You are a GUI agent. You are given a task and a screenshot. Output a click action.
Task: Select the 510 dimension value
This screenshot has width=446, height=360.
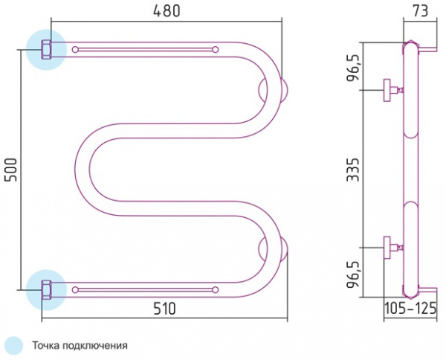click(164, 309)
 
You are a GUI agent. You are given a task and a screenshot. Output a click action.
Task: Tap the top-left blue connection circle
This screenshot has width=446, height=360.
click(46, 50)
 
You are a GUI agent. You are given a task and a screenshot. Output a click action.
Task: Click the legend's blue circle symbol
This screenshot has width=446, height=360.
click(13, 345)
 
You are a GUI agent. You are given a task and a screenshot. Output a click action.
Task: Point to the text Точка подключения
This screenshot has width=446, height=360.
click(80, 345)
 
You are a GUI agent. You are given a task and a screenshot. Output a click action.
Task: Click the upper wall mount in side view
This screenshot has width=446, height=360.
click(391, 90)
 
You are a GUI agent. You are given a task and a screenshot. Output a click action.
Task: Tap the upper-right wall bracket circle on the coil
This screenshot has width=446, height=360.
click(274, 90)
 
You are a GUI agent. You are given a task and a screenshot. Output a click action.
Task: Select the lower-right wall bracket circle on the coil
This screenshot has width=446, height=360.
click(274, 249)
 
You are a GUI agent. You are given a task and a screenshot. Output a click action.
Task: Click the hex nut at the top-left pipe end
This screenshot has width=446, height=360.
click(45, 50)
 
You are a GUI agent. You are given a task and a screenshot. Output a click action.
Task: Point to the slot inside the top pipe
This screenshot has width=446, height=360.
click(145, 50)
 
